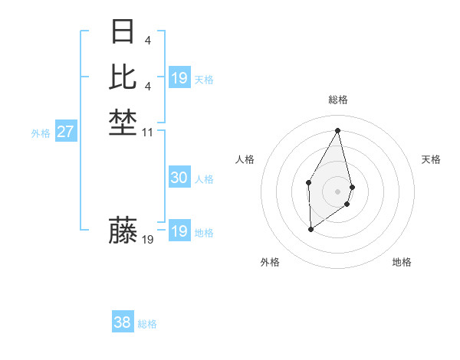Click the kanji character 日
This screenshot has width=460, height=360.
pyautogui.click(x=123, y=32)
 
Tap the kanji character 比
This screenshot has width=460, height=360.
pyautogui.click(x=123, y=77)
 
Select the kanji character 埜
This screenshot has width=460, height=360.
pyautogui.click(x=123, y=123)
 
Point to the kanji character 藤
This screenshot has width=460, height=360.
pyautogui.click(x=123, y=230)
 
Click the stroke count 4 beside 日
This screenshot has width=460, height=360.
pyautogui.click(x=146, y=40)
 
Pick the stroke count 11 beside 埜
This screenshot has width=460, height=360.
pyautogui.click(x=148, y=133)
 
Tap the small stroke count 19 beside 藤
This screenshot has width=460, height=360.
pyautogui.click(x=148, y=240)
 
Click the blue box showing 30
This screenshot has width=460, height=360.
pyautogui.click(x=179, y=178)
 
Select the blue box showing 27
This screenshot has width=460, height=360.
pyautogui.click(x=66, y=132)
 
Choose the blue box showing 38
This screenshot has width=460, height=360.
pyautogui.click(x=123, y=322)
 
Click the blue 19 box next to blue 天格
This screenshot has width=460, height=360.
pyautogui.click(x=179, y=78)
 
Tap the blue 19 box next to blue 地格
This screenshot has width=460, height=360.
pyautogui.click(x=179, y=231)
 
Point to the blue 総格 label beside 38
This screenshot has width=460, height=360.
pyautogui.click(x=147, y=324)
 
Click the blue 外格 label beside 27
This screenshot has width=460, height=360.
pyautogui.click(x=41, y=133)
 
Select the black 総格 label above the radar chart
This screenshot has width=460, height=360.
pyautogui.click(x=338, y=100)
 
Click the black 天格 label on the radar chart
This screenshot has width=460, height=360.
pyautogui.click(x=431, y=159)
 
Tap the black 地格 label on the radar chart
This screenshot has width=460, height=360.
pyautogui.click(x=402, y=262)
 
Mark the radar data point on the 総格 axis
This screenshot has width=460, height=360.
pyautogui.click(x=338, y=130)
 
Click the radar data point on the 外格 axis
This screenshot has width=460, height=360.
pyautogui.click(x=310, y=229)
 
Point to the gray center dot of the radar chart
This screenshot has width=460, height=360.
pyautogui.click(x=338, y=191)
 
